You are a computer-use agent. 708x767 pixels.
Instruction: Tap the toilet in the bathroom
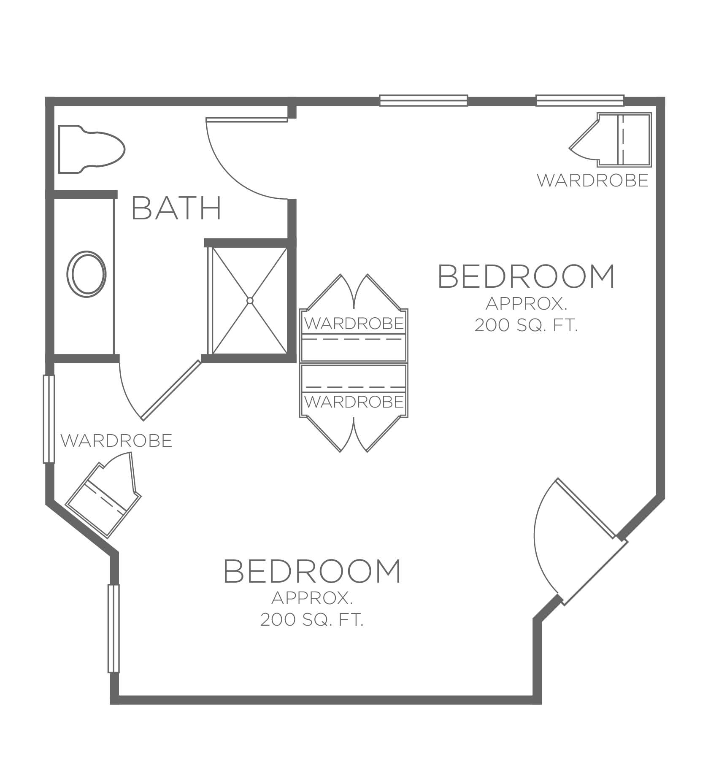pos(92,149)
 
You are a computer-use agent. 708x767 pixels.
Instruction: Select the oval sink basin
pos(86,273)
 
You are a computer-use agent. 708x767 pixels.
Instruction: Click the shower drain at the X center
pos(250,301)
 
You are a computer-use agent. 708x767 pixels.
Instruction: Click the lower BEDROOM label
pos(312,570)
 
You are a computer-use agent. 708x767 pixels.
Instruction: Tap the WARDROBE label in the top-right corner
pos(592,180)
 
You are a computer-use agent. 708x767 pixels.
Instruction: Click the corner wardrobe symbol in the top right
pos(611,139)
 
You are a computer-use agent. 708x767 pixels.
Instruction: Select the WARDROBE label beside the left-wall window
pos(116,440)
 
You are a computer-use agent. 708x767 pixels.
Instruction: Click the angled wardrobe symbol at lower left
pos(103,494)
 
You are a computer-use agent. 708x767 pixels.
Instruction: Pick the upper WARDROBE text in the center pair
pos(354,324)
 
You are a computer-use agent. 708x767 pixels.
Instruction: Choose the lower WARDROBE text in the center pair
pos(354,402)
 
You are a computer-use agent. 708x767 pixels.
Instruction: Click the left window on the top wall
pos(424,100)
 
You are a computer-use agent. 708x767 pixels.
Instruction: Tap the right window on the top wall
pos(580,100)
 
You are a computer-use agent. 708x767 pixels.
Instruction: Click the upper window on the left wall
pos(49,419)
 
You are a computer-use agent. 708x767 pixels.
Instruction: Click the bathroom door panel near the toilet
pos(247,119)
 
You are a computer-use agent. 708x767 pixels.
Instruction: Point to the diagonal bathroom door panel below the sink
pos(171,390)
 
